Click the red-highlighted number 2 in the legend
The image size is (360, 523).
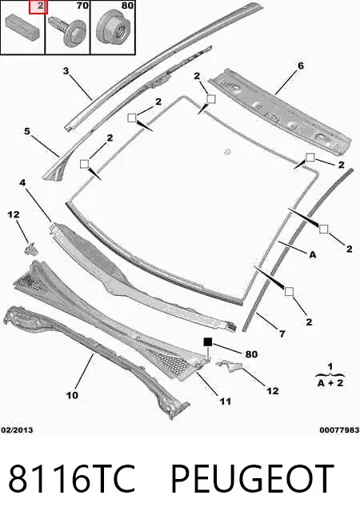coord(38,7)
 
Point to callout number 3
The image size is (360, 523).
coord(66,70)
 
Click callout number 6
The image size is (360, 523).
coord(301,66)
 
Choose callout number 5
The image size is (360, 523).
coord(27,131)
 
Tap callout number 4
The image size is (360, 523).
coord(22,182)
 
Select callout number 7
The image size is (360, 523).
coord(282,333)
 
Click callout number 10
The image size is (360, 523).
coord(72,395)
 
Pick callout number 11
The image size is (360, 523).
coord(226,401)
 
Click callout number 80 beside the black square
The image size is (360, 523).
coord(251,354)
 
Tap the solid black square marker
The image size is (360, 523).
coord(208,342)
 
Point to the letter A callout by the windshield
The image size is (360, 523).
coord(313,255)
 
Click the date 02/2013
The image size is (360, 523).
coord(17,429)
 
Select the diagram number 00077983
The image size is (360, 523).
coord(339,430)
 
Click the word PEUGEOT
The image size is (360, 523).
coord(252,478)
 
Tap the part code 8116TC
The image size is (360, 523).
coord(72,478)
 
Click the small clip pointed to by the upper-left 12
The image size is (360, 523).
coord(31,249)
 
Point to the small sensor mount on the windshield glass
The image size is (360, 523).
coord(228,151)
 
